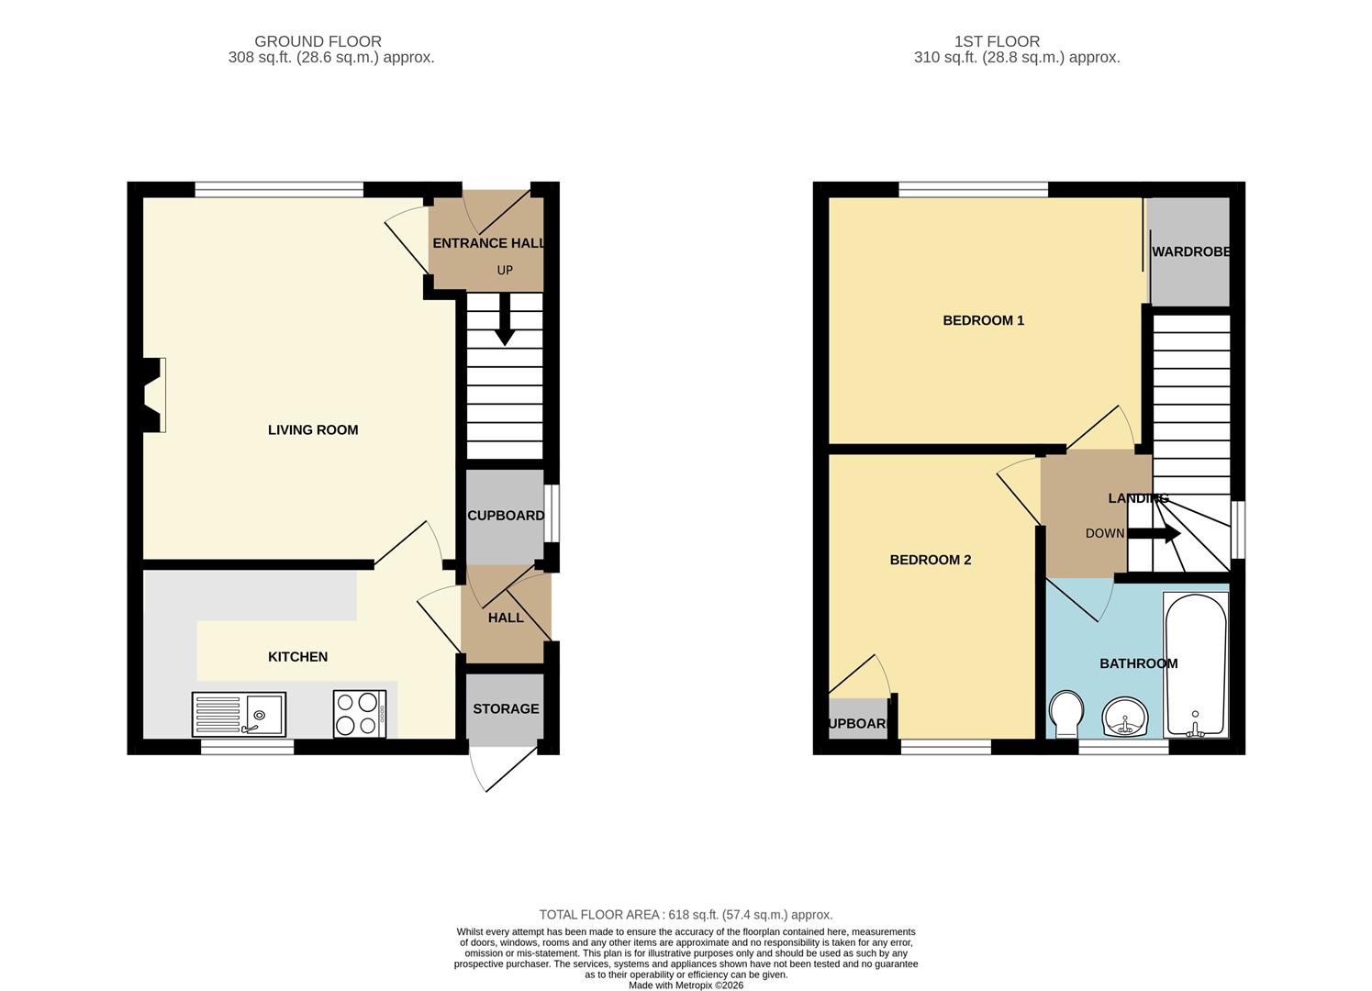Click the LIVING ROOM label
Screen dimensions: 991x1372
click(x=313, y=429)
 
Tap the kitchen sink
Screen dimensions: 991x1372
click(x=239, y=714)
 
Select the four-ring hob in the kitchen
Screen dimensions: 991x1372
click(x=359, y=713)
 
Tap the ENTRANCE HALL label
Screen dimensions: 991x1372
click(x=488, y=243)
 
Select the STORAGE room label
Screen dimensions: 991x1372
click(x=506, y=708)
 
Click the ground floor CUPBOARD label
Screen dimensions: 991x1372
click(x=506, y=516)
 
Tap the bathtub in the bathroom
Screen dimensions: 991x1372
click(x=1195, y=664)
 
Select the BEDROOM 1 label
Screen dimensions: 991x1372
click(x=983, y=320)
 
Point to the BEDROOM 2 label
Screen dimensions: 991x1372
click(x=930, y=560)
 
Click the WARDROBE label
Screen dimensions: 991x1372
click(x=1190, y=251)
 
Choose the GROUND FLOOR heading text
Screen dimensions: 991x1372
click(x=318, y=41)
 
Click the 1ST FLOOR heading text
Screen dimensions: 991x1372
click(x=997, y=41)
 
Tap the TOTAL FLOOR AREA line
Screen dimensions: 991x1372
click(x=686, y=915)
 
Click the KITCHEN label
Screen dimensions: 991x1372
click(x=297, y=657)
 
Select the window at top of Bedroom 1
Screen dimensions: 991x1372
click(x=973, y=190)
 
